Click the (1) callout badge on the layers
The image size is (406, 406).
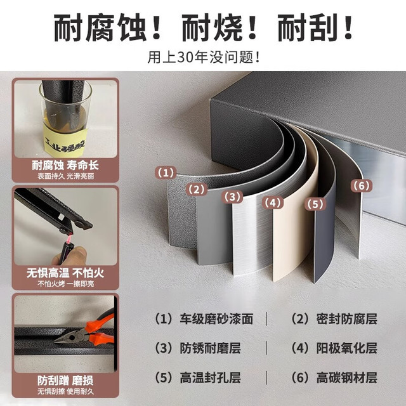(x=166, y=173)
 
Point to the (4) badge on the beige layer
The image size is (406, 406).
(x=273, y=203)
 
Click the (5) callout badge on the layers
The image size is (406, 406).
(x=315, y=204)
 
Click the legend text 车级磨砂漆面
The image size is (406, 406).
(x=216, y=318)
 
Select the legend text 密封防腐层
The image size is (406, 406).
(x=347, y=318)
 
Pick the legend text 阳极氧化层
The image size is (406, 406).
(x=347, y=348)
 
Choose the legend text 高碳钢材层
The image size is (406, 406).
(x=347, y=377)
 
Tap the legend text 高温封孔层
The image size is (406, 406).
(x=211, y=377)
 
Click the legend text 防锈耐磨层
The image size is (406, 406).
(x=211, y=348)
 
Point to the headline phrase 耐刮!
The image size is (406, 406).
(x=316, y=28)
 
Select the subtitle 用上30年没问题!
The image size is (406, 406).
(x=204, y=57)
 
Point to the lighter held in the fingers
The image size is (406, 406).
(x=68, y=248)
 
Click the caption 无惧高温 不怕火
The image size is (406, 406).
(x=65, y=273)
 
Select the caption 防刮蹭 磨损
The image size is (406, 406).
(x=65, y=381)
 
